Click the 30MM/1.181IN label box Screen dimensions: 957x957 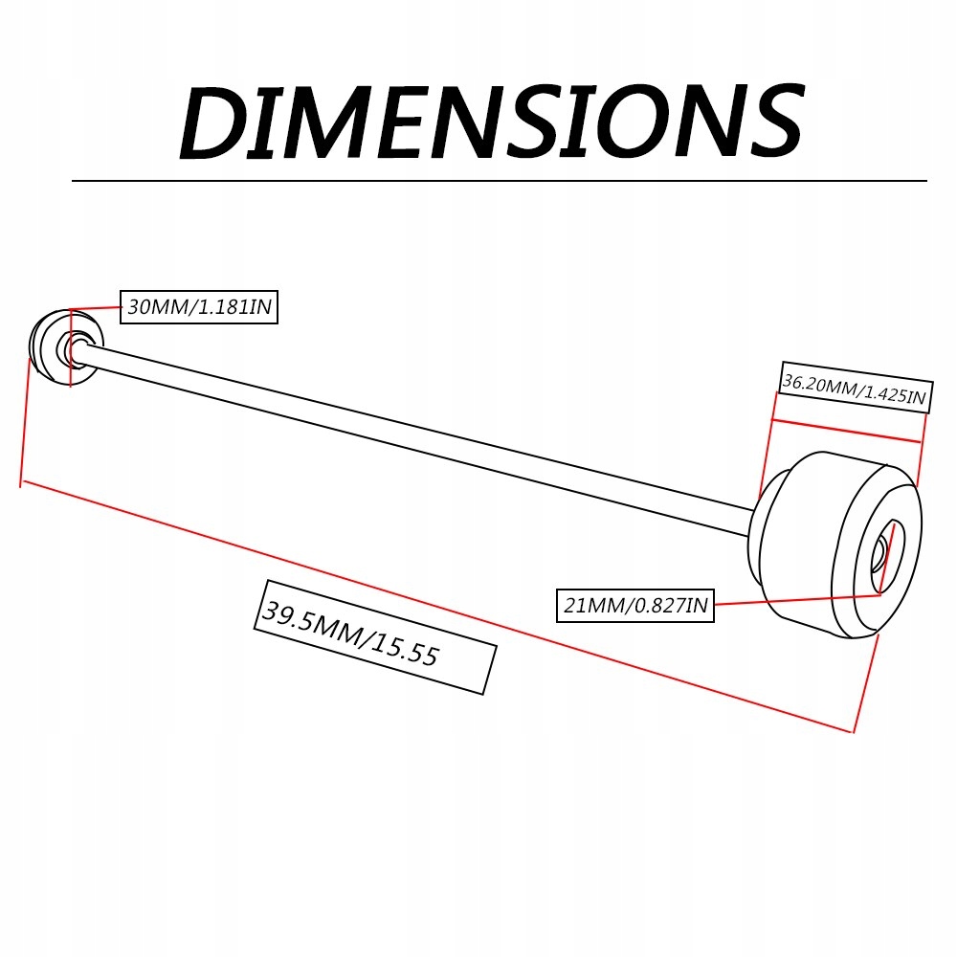tap(199, 307)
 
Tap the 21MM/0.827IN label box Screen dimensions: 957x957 tap(635, 605)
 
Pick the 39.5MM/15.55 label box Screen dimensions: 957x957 tap(376, 636)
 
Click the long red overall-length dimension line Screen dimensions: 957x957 tap(431, 605)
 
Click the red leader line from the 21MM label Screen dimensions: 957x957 tap(794, 599)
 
